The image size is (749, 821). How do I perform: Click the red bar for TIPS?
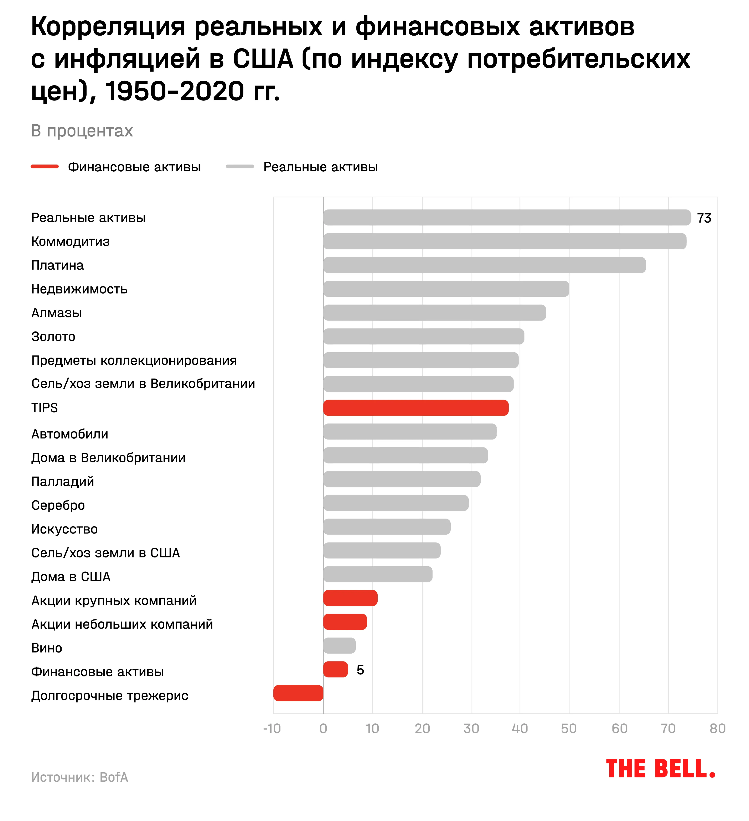pos(415,408)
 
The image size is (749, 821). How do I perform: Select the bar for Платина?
pos(484,265)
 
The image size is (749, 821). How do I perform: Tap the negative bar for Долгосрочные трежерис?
pos(298,693)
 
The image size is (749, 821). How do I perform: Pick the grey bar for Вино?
pos(339,645)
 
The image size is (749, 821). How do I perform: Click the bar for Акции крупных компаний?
pos(350,598)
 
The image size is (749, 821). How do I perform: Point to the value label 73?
pos(704,218)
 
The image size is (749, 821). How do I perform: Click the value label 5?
pos(360,670)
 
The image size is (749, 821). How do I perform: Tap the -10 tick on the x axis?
pos(272,729)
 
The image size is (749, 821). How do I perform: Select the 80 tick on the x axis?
pos(717,729)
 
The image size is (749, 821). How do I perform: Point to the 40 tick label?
pos(520,729)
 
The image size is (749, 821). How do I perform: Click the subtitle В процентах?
pos(82,131)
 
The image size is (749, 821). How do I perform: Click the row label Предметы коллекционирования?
pos(134,360)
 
